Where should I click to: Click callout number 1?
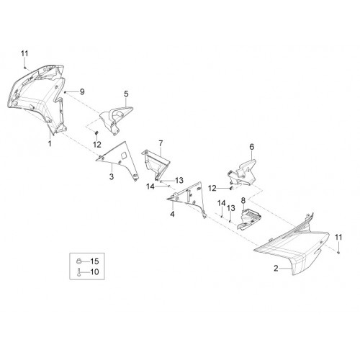(50, 144)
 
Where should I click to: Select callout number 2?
(276, 269)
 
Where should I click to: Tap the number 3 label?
(112, 176)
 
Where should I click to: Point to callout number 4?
(172, 214)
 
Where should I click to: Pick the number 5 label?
(126, 94)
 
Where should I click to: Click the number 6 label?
(251, 147)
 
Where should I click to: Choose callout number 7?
(161, 143)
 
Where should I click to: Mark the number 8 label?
(243, 200)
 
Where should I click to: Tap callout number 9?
(82, 91)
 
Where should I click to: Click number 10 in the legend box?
(94, 272)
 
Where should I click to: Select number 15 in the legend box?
(94, 261)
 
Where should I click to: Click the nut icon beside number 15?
(78, 261)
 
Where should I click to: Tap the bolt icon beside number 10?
(78, 272)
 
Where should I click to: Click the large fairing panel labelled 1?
(38, 101)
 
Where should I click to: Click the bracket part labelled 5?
(115, 119)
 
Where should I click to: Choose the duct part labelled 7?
(156, 163)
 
